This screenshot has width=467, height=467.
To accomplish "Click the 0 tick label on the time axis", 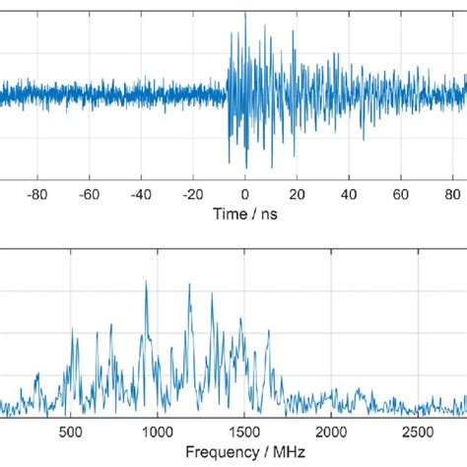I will [x=245, y=193].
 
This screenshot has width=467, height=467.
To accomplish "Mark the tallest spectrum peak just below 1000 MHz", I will [x=146, y=283].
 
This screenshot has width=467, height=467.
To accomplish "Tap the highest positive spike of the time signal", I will [x=245, y=14].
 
